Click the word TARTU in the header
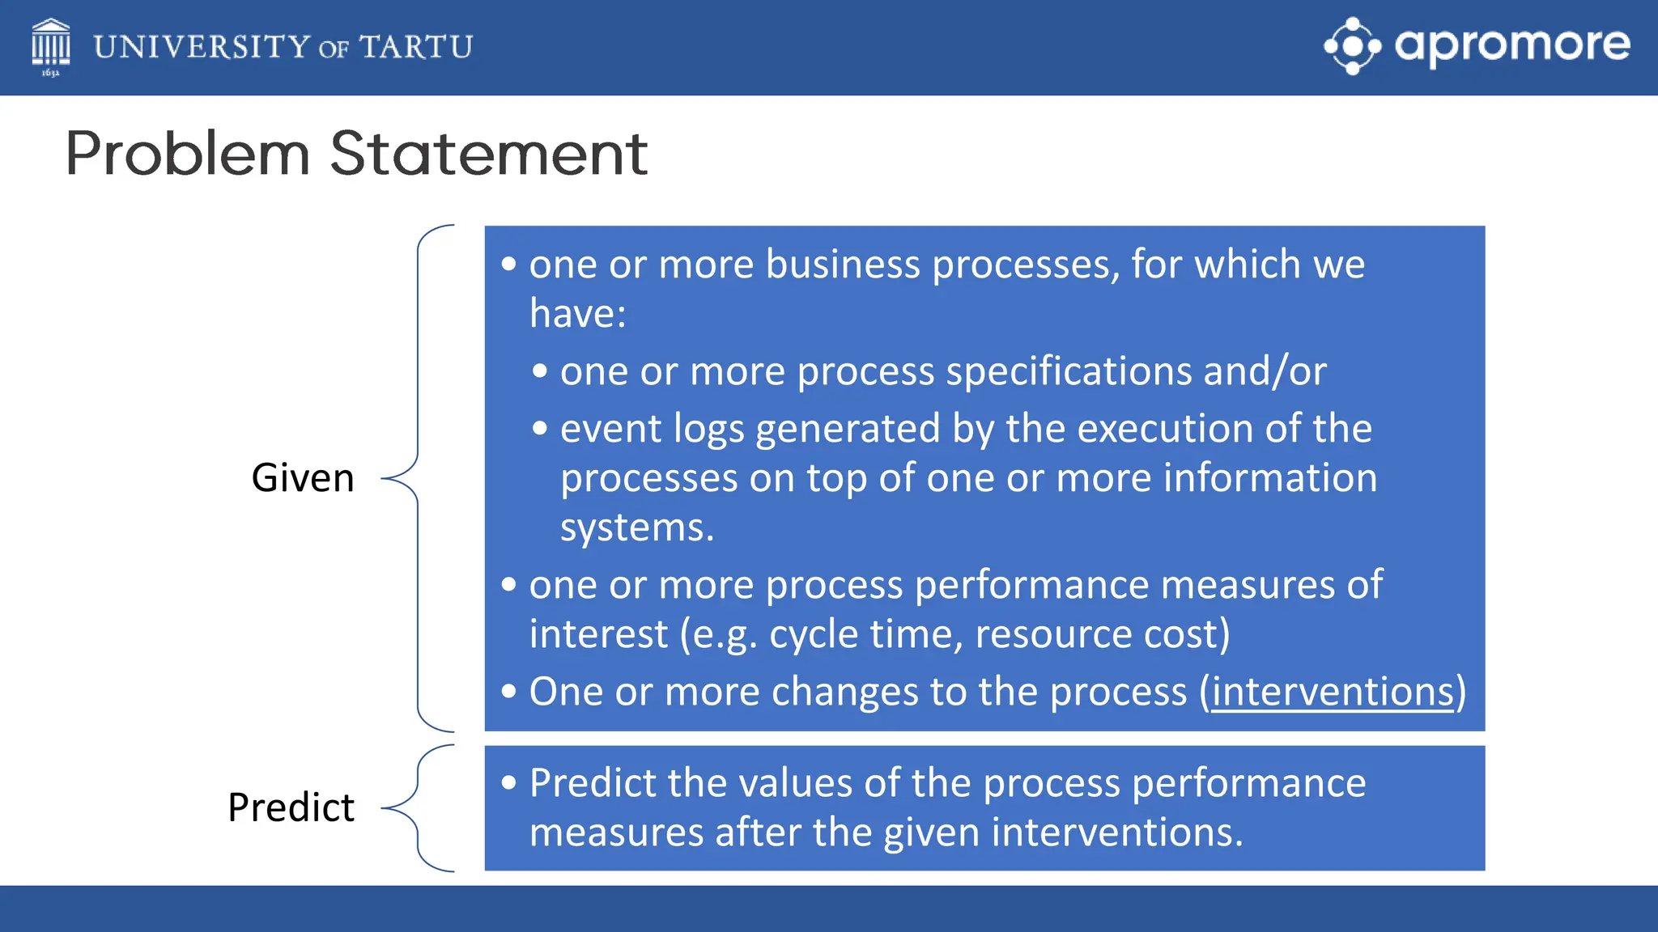tap(416, 47)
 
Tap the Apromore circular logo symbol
tap(1352, 46)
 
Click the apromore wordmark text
tap(1511, 44)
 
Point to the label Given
tap(303, 477)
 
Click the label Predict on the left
tap(291, 807)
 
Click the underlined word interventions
tap(1333, 692)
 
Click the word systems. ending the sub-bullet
tap(637, 527)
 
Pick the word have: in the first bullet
tap(577, 313)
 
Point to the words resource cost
tap(1101, 633)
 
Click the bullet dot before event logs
tap(540, 429)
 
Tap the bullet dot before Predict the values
tap(508, 782)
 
